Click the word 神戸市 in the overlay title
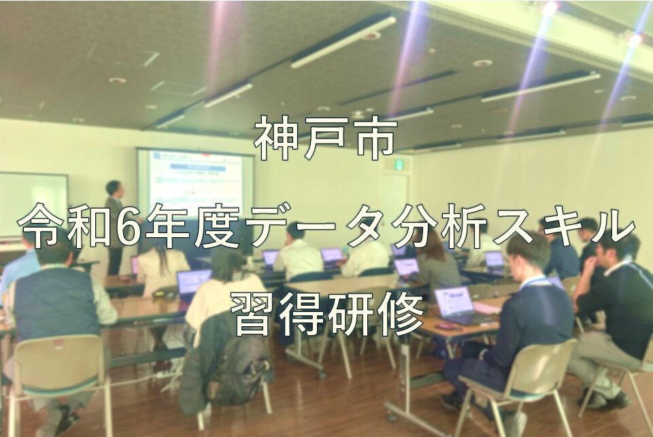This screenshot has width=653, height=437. [x=324, y=140]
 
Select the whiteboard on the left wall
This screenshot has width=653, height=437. [x=33, y=205]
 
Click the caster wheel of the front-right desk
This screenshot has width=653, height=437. [x=392, y=416]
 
